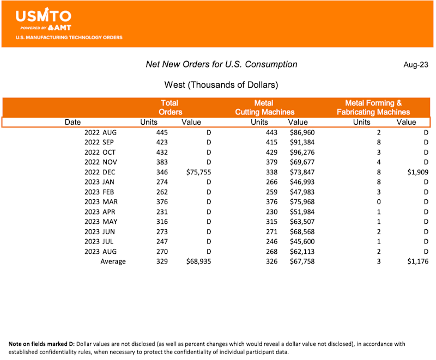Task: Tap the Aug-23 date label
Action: pyautogui.click(x=415, y=65)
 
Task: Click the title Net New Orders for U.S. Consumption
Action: pyautogui.click(x=221, y=64)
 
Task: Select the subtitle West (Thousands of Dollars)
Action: pyautogui.click(x=221, y=85)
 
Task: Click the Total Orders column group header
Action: pyautogui.click(x=170, y=107)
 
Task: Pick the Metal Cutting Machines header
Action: pyautogui.click(x=264, y=107)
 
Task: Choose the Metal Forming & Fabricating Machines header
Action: pyautogui.click(x=373, y=107)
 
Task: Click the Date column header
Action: pyautogui.click(x=72, y=123)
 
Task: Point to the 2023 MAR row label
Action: pyautogui.click(x=101, y=202)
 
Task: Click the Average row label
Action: pyautogui.click(x=113, y=261)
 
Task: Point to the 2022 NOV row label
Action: pyautogui.click(x=101, y=162)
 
